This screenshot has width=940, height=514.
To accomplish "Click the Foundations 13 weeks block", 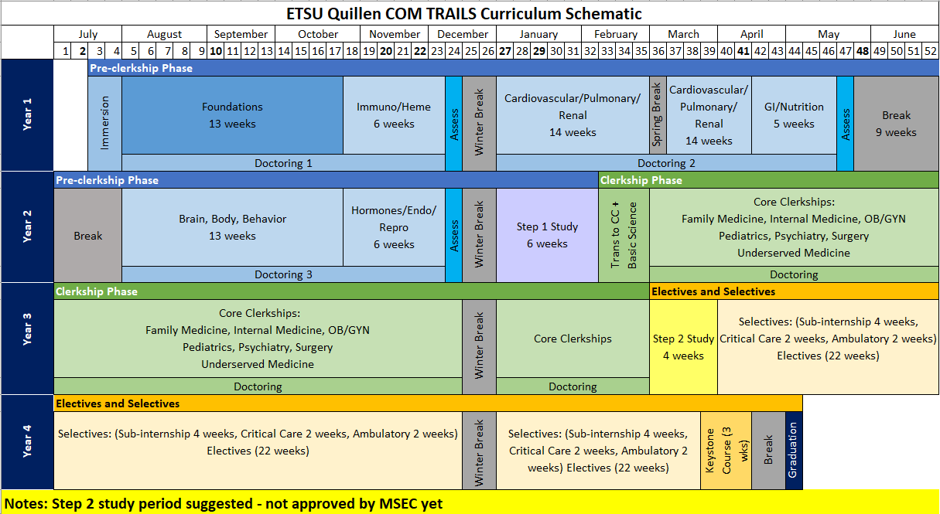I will click(232, 115).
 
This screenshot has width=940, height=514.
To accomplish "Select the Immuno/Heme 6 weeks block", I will click(394, 115).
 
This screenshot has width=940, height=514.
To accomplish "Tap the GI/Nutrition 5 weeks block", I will click(794, 115).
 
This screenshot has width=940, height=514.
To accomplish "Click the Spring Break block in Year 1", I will click(658, 115).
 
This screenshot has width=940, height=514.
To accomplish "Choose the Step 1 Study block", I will click(547, 235).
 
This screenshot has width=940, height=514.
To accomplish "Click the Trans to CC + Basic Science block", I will click(624, 235).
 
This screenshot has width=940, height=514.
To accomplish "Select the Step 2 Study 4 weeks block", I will click(683, 347).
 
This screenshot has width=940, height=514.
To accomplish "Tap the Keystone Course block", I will click(726, 450).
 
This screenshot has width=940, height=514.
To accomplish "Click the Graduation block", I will click(793, 450).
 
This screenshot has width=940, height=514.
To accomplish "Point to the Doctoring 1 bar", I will click(283, 163).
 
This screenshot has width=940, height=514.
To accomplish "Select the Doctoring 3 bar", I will click(283, 274).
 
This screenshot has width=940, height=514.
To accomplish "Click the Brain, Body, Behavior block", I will click(232, 227).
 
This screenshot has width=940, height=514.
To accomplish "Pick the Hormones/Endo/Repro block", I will click(394, 227).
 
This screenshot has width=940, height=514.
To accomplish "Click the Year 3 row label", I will click(27, 339).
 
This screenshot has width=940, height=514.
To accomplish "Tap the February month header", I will click(616, 34).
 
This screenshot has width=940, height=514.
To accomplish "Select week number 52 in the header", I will click(931, 51).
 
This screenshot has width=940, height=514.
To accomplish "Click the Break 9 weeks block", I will click(896, 124).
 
